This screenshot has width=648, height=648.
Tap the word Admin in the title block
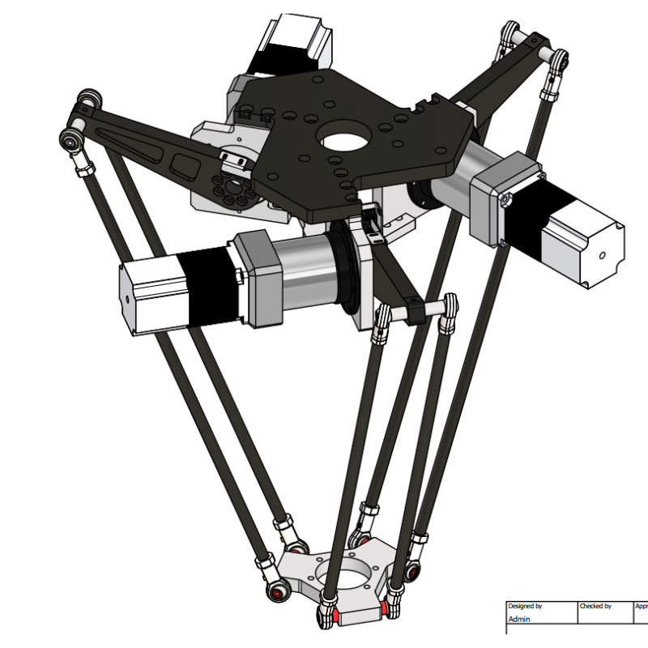coord(520,619)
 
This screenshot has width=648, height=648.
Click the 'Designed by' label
coord(525,606)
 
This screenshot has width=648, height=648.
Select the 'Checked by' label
coord(595,606)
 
